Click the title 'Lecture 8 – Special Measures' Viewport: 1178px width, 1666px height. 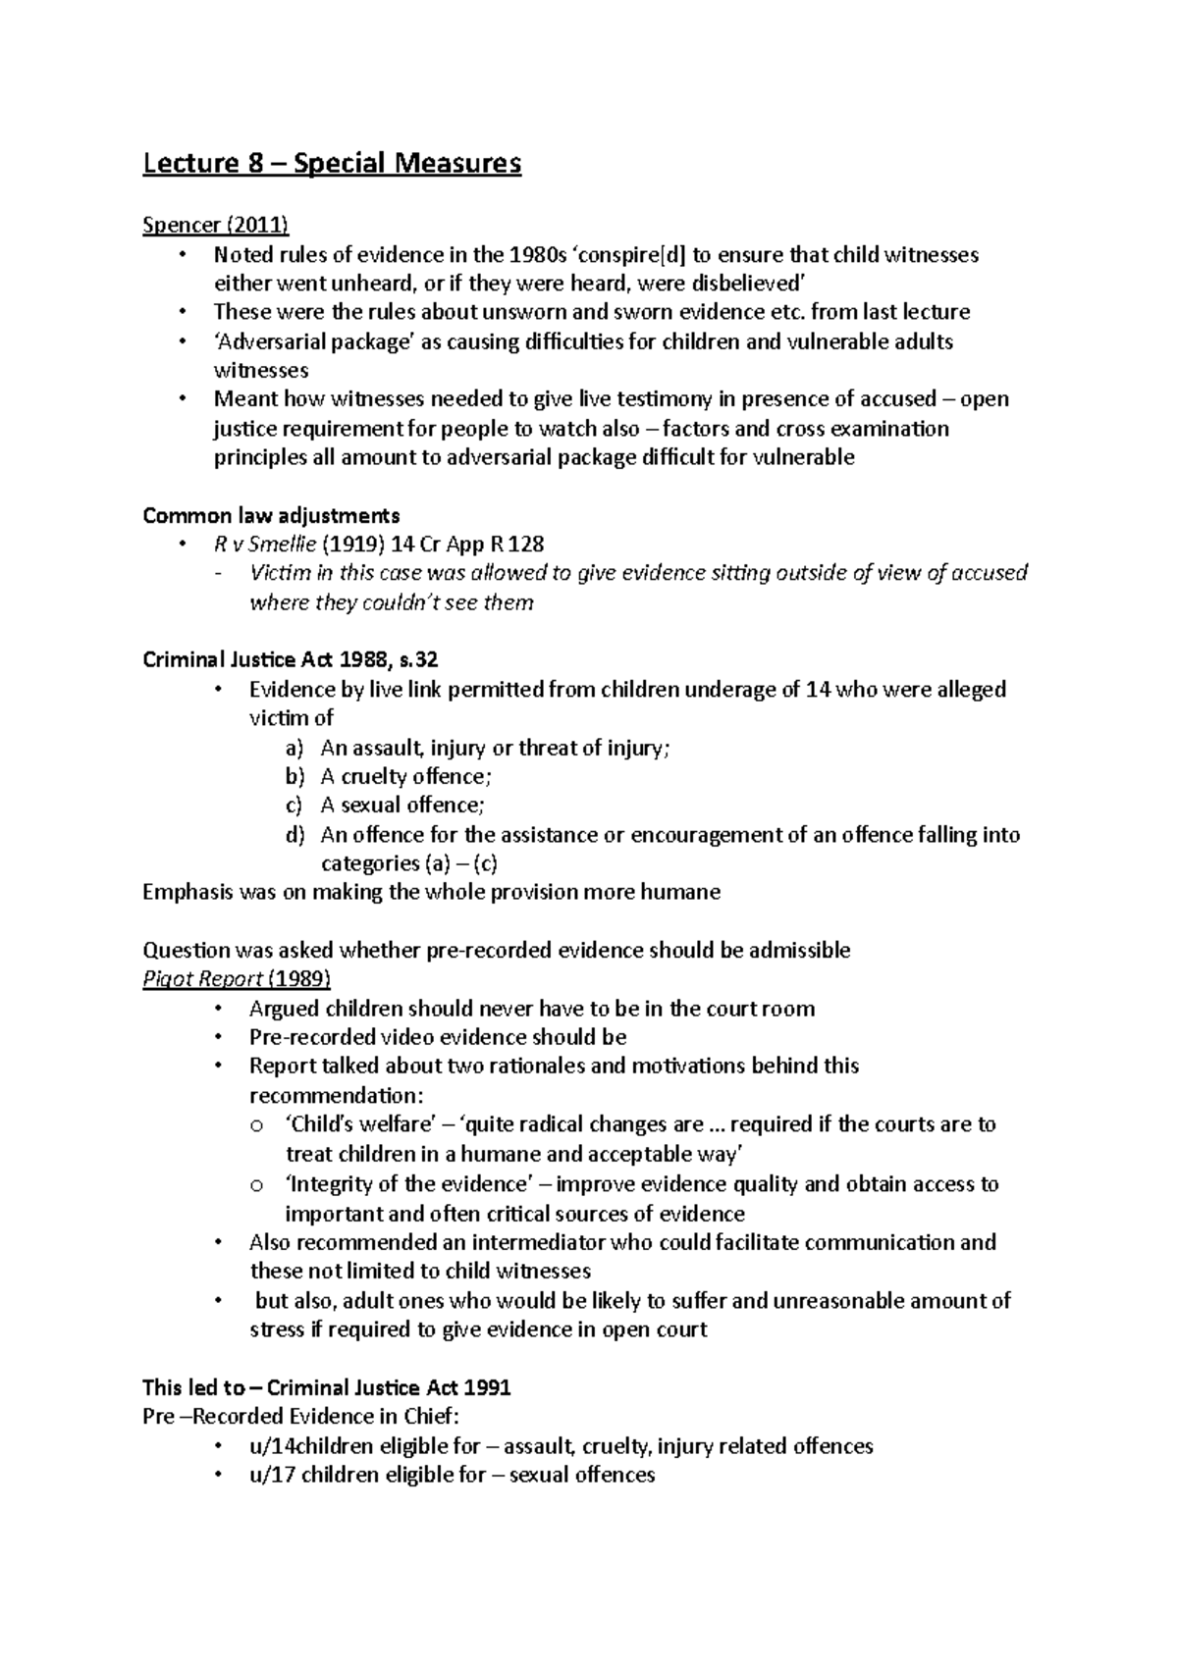pos(332,163)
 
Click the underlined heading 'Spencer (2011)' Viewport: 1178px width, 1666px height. pos(215,226)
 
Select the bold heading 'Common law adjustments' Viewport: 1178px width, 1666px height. pos(271,515)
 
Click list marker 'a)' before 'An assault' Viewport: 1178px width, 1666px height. pos(295,748)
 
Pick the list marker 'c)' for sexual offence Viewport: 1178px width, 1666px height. pos(294,806)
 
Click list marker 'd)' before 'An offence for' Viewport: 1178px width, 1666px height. pos(295,835)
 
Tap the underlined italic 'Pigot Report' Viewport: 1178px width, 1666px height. pos(202,979)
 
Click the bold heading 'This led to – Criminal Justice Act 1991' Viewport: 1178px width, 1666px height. pos(326,1387)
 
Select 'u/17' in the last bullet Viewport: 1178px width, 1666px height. pos(272,1475)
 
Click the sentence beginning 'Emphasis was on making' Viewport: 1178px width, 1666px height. pos(431,892)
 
